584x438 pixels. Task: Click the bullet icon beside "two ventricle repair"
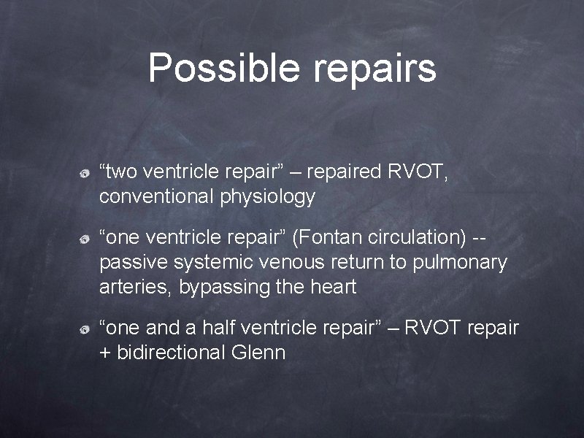[x=85, y=174]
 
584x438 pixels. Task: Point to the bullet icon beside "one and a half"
[x=85, y=331]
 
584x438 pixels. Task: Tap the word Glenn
[x=258, y=353]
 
